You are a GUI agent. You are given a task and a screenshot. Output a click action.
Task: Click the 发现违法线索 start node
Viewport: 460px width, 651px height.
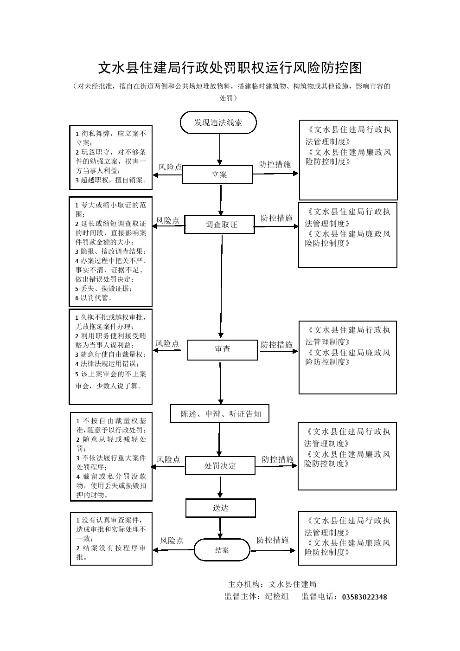click(218, 122)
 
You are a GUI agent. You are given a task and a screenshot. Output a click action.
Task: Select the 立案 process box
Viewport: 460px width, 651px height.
click(217, 174)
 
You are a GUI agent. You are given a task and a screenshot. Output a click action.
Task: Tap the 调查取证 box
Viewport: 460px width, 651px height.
click(220, 225)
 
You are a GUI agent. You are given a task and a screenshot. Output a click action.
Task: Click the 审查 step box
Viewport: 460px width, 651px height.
click(222, 349)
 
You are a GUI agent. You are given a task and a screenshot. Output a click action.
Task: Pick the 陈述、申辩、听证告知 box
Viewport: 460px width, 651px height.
click(221, 414)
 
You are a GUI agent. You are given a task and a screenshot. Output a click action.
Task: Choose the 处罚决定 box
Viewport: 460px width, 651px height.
click(220, 465)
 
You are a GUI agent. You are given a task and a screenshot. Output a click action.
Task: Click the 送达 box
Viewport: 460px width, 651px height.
click(221, 508)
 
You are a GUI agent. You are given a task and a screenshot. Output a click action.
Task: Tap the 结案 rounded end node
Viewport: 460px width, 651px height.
click(222, 550)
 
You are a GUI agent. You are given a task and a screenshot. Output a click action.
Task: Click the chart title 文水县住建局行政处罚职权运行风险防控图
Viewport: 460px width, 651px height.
click(230, 68)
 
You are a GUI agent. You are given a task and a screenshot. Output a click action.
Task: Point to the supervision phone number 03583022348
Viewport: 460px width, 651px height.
click(364, 597)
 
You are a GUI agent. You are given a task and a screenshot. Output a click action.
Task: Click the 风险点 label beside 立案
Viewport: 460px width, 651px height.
click(170, 167)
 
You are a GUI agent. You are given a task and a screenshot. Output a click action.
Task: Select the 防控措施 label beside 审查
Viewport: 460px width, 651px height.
click(277, 345)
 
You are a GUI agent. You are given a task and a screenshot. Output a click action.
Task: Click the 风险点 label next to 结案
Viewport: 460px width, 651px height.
click(172, 541)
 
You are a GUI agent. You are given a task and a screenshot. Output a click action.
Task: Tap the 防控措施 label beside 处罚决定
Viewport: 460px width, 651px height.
click(278, 459)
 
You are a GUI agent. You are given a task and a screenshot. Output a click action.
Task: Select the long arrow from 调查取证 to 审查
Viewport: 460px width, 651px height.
click(221, 285)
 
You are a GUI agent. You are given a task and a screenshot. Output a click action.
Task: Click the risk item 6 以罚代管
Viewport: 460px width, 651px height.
click(96, 298)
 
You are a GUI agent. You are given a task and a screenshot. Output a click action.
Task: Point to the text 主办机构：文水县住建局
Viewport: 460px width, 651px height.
click(272, 584)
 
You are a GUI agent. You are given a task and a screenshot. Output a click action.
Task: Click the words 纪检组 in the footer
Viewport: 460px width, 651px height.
click(277, 597)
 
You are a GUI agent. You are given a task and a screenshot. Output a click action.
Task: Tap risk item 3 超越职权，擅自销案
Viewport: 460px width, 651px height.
click(111, 180)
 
